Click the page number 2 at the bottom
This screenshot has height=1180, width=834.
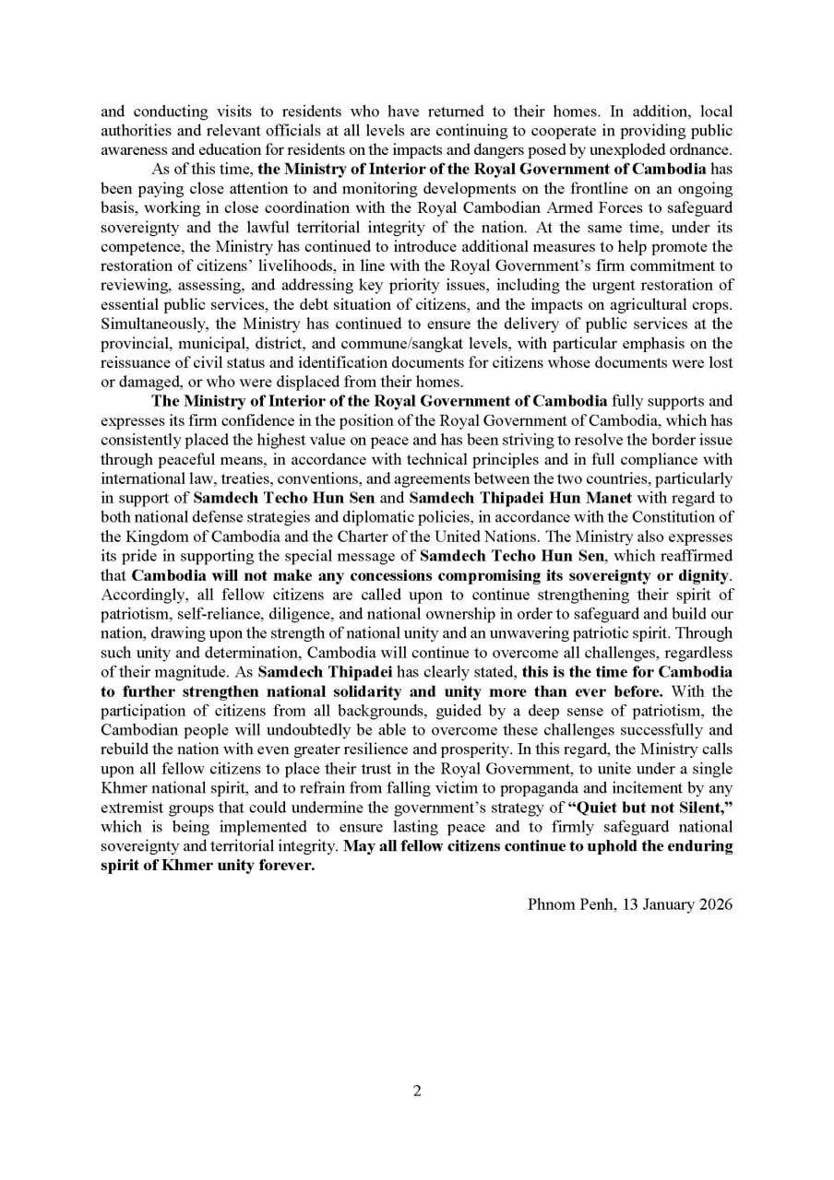(x=417, y=1091)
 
